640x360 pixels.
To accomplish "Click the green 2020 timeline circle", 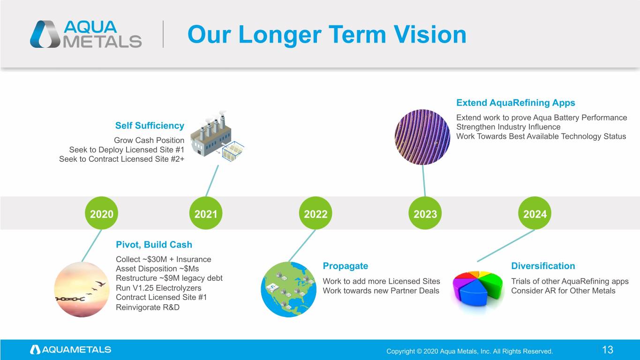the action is coord(101,213).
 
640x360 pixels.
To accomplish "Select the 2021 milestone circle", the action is coord(206,213).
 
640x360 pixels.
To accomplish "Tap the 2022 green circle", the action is coord(316,213).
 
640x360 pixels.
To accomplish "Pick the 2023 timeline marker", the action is coord(425,213).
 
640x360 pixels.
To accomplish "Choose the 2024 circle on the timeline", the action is coord(535,213).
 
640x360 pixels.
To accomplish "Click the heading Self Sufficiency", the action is coord(150,126).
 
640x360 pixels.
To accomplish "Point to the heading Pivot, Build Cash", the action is coord(154,245).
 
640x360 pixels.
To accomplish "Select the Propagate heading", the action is coord(346,266).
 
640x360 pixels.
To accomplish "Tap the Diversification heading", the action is coord(543,266).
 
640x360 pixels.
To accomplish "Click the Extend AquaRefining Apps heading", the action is coord(516,103).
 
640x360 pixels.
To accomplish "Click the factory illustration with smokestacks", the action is coord(217,136).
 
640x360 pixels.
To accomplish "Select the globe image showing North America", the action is coord(288,289).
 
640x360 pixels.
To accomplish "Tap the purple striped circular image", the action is coord(422,137).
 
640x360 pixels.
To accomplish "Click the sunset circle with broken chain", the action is coord(82,289).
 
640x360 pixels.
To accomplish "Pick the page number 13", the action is coord(608,350).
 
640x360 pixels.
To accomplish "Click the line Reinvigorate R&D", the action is coord(148,307).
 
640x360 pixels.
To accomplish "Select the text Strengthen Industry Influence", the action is coord(508,127).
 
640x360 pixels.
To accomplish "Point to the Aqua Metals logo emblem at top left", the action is coord(45,34).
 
